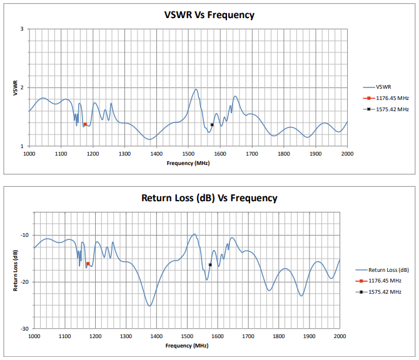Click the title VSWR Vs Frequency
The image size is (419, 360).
point(209,15)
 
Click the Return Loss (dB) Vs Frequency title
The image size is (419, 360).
point(209,198)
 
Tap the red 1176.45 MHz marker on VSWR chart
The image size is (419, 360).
point(85,124)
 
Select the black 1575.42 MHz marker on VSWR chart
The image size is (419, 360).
point(212,125)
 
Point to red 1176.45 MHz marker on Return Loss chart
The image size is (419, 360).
point(88,264)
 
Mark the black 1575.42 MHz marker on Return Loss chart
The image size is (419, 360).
point(210,265)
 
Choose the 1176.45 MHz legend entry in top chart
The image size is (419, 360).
point(388,98)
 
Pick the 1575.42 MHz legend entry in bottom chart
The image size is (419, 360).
point(385,292)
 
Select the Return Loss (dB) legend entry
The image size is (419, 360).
point(388,270)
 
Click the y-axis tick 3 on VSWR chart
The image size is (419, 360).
point(22,29)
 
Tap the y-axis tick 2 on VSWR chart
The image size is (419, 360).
point(22,87)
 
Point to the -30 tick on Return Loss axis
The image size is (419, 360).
point(23,329)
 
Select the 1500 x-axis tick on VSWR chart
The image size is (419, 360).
point(188,153)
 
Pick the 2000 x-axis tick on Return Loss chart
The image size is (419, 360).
point(340,336)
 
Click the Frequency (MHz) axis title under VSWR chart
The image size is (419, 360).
point(188,162)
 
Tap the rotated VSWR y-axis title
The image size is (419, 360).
point(15,87)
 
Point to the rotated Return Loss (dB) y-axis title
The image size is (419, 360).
point(15,271)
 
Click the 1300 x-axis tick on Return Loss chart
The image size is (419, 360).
point(126,336)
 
